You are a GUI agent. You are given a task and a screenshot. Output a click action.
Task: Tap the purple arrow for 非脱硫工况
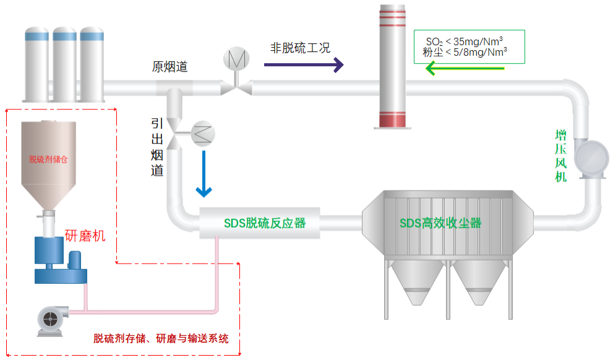[x=303, y=64]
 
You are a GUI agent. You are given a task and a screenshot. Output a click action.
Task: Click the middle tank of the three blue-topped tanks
[x=64, y=65]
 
